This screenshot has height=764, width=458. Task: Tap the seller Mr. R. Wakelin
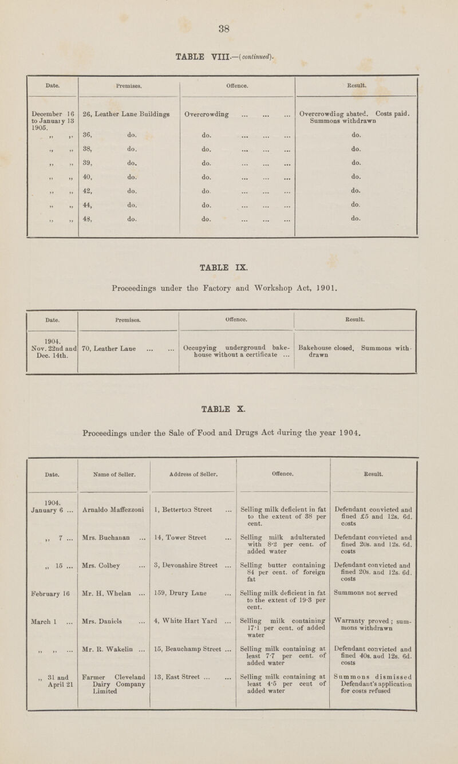point(109,667)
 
